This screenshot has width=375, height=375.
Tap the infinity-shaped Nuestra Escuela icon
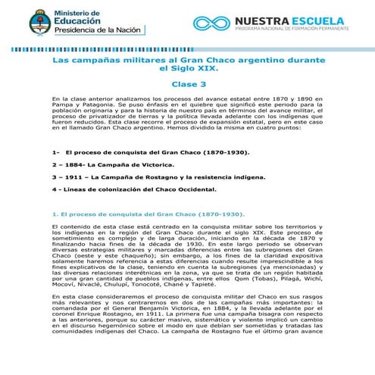211,23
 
